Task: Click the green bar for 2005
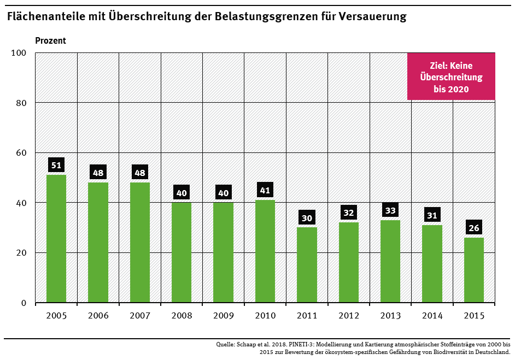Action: (56, 238)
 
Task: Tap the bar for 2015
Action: (473, 269)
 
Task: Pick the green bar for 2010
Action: (265, 251)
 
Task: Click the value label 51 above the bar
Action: (56, 166)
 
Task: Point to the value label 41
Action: (265, 191)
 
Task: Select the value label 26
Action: (473, 228)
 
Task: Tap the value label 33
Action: (390, 210)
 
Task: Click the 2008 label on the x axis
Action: (182, 316)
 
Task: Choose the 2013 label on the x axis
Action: (390, 316)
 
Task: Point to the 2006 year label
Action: (98, 316)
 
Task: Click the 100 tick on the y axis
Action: (19, 53)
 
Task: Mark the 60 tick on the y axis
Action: (21, 153)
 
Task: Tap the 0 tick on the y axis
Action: (24, 303)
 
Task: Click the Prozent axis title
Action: (50, 40)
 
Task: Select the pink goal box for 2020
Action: (451, 76)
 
